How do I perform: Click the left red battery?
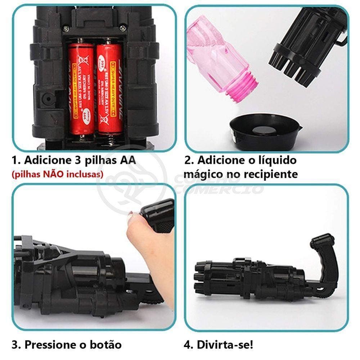pos(81,88)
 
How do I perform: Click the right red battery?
pos(109,88)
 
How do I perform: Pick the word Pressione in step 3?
pos(51,345)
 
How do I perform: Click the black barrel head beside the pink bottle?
pos(306,47)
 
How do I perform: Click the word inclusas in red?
pos(85,175)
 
